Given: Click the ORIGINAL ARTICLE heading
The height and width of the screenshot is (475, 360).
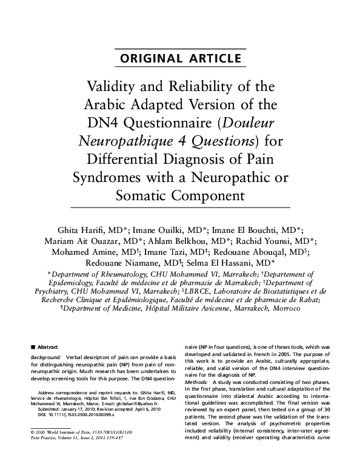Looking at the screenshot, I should click(x=179, y=59).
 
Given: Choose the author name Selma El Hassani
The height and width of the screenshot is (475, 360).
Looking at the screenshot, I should click(x=232, y=269).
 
